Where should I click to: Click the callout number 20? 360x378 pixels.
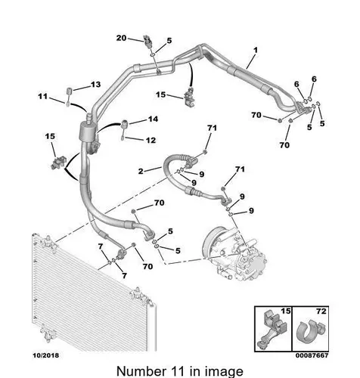point(121,38)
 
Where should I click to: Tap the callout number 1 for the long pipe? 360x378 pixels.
point(256,51)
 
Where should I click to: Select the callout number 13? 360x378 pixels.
point(95,84)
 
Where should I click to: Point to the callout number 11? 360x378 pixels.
point(43,96)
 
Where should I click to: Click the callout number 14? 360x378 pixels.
point(153,119)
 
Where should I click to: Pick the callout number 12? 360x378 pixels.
point(151,140)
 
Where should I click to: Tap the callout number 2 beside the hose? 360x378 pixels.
point(141,172)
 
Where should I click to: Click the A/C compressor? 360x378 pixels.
point(235,254)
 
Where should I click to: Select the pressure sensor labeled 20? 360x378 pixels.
point(147,40)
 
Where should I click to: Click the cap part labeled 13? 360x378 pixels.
point(70,91)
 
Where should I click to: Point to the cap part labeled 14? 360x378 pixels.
point(125,124)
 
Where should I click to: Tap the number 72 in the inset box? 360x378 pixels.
point(321,311)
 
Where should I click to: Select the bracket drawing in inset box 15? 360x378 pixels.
point(272,330)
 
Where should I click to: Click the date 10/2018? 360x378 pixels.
point(46,355)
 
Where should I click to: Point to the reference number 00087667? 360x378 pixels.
point(312,355)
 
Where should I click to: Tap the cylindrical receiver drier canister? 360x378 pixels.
point(87,132)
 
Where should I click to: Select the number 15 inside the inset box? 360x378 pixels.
point(286,311)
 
